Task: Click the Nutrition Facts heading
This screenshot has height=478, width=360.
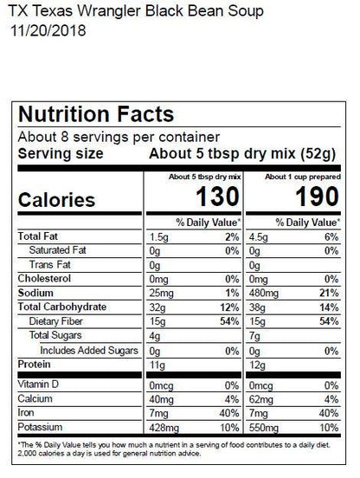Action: point(96,114)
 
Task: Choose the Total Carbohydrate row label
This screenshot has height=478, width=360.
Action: point(61,307)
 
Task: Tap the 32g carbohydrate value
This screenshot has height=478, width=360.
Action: point(157,307)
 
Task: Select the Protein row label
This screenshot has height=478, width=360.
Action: point(35,365)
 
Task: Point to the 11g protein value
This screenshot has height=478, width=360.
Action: point(157,365)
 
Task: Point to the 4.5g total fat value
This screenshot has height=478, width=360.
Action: point(259,236)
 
